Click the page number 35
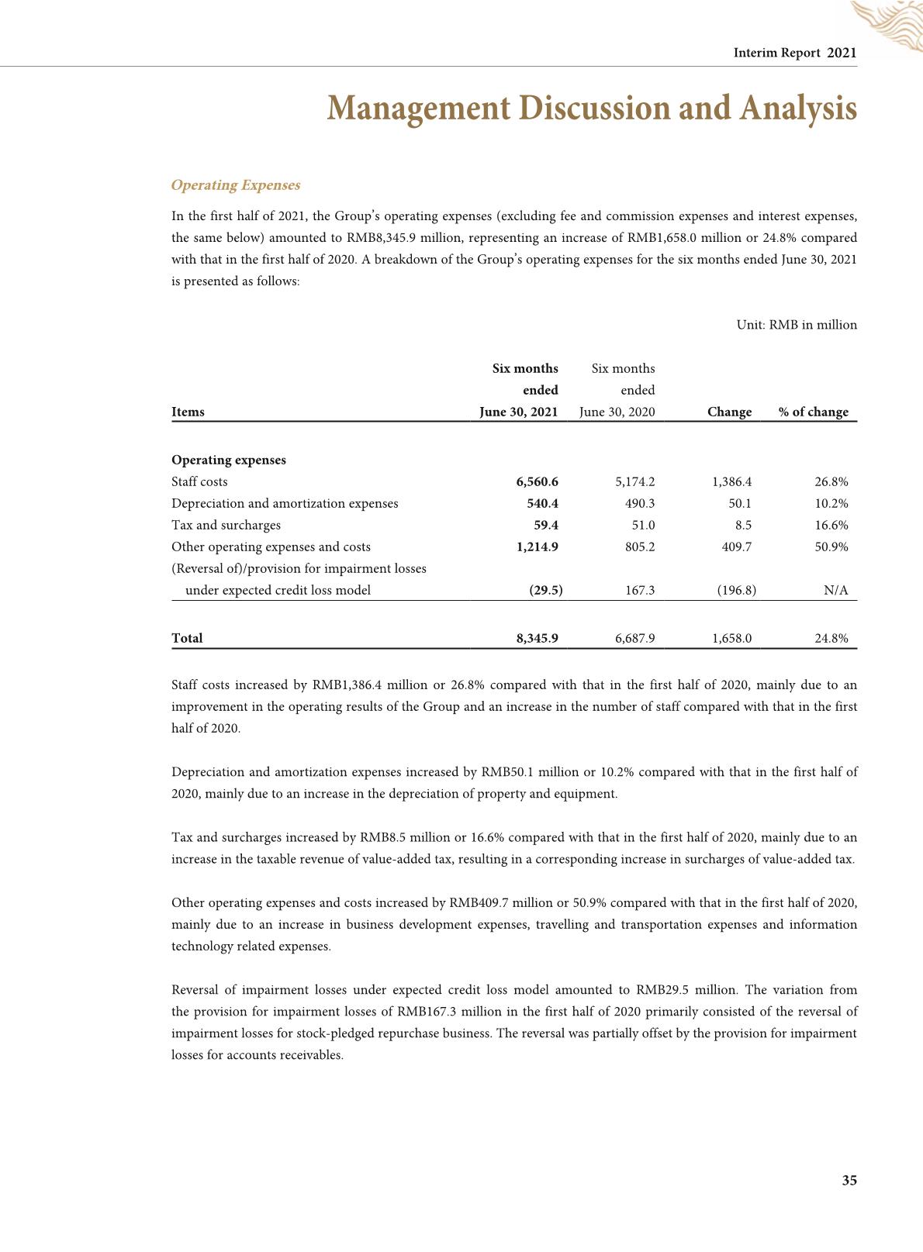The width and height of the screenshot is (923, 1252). (849, 1181)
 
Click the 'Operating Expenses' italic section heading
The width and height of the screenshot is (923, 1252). (235, 185)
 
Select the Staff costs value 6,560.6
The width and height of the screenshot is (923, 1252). (537, 481)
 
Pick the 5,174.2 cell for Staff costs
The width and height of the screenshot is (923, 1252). (634, 481)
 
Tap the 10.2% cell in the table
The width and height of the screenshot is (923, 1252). (831, 503)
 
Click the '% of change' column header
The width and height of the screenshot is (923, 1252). (814, 412)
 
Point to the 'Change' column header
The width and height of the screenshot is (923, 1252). (729, 412)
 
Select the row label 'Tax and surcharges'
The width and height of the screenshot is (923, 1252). (226, 525)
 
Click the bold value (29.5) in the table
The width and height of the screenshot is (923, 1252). (545, 590)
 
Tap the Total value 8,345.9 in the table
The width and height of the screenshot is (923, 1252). (537, 638)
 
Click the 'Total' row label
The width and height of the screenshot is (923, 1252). (187, 638)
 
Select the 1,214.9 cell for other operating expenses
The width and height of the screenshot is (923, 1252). (537, 547)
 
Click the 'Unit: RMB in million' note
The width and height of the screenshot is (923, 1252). (797, 325)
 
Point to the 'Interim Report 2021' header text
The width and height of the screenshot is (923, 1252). (795, 53)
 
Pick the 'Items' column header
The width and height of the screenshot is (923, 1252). (188, 412)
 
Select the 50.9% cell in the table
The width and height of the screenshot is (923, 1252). (831, 547)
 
